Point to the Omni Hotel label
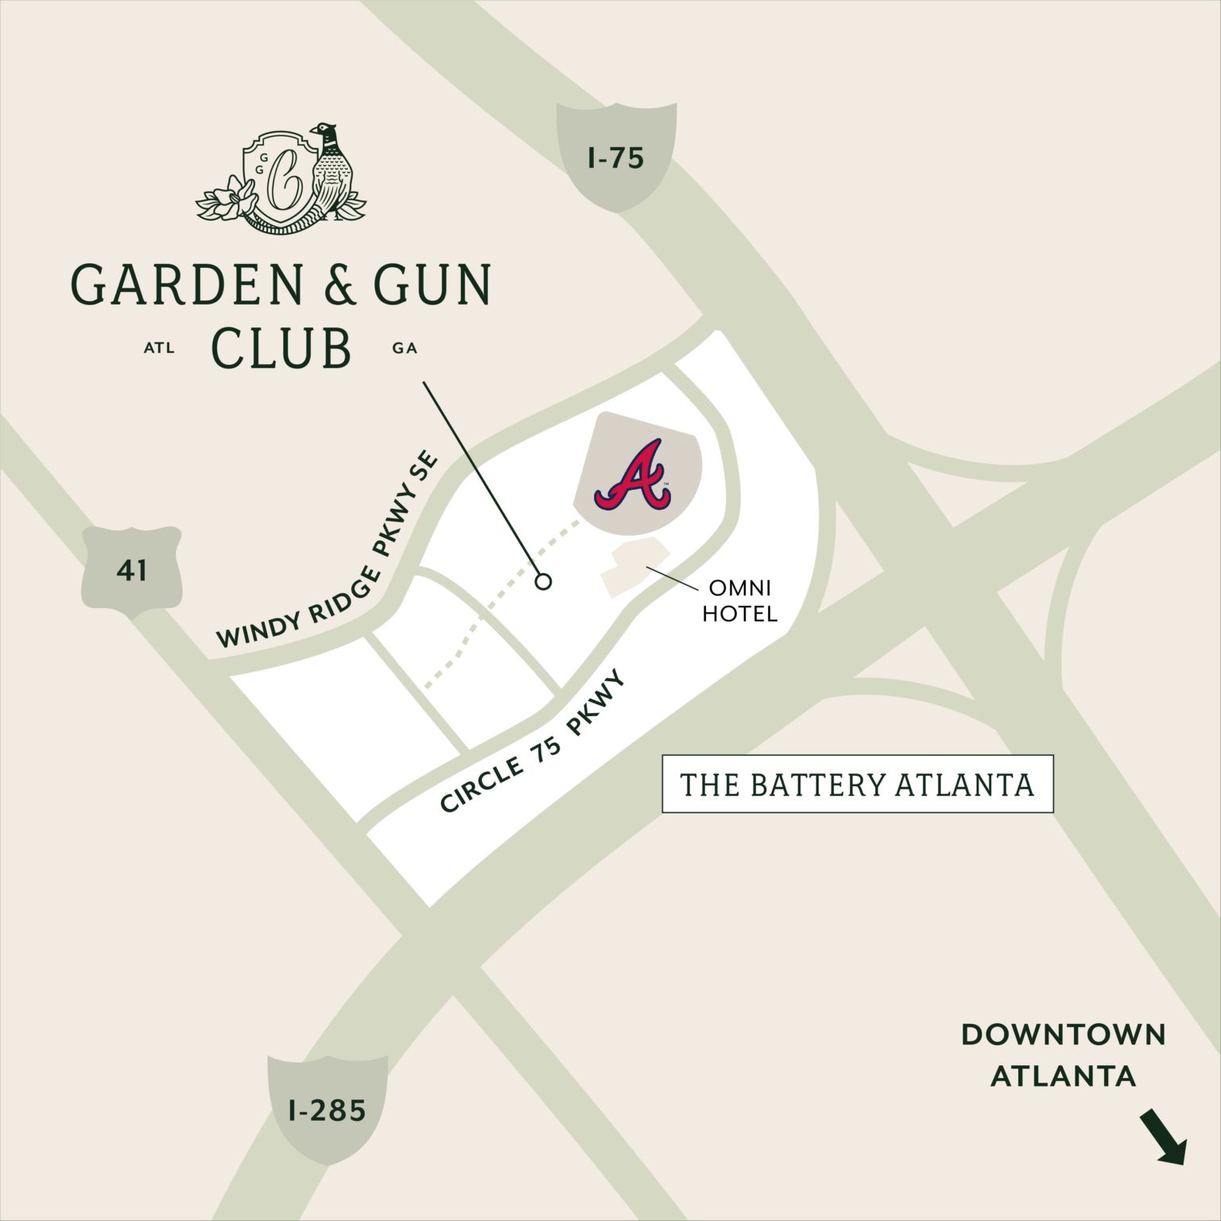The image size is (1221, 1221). [x=739, y=600]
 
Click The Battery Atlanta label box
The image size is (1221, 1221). [x=857, y=785]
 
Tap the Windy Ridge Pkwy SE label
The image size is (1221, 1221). [x=328, y=550]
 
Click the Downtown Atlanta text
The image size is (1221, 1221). [x=1063, y=1055]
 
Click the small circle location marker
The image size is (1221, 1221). [x=544, y=582]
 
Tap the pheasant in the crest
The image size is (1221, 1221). [x=330, y=169]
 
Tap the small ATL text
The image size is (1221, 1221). [x=159, y=348]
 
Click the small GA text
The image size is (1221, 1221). [x=405, y=348]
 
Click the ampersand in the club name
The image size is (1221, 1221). [x=339, y=285]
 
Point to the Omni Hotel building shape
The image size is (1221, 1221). [x=632, y=567]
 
